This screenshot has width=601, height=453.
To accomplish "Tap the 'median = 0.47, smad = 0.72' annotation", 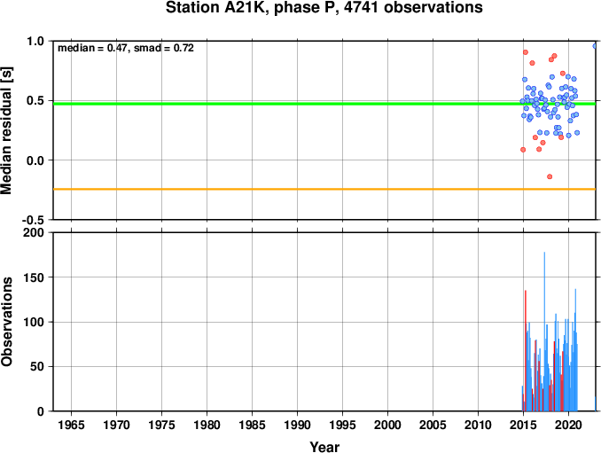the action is [126, 48].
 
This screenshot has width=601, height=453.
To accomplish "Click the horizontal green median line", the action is [324, 104].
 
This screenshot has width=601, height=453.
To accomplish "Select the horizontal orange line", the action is [324, 189].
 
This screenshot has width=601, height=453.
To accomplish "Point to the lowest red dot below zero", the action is [550, 176].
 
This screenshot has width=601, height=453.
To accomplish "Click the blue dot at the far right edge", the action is [595, 46].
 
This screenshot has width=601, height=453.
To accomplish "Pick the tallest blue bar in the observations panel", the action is [544, 332].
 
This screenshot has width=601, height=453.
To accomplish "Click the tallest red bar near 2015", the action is [526, 351].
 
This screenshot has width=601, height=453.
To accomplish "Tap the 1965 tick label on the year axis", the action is [71, 425].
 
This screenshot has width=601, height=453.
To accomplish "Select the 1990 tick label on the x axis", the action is [297, 425].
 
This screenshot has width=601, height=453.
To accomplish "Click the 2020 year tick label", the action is [568, 425].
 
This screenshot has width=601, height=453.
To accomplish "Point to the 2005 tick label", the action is [433, 425].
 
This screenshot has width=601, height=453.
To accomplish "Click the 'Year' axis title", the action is [324, 447].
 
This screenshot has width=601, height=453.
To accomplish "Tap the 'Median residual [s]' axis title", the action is [6, 130].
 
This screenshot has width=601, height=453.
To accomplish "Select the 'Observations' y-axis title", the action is [6, 322].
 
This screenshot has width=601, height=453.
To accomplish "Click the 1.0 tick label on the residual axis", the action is [35, 41].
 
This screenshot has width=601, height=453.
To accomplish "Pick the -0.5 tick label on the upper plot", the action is [33, 220].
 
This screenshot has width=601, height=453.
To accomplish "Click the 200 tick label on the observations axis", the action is [34, 232].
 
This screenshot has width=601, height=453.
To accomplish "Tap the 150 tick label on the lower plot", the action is [34, 277].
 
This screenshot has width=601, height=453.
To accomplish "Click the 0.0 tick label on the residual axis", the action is [35, 160].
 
